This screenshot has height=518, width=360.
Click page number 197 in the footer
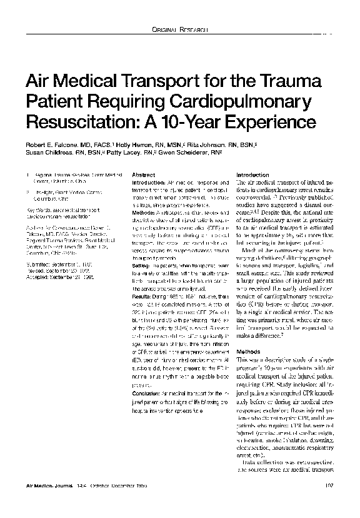329,485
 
